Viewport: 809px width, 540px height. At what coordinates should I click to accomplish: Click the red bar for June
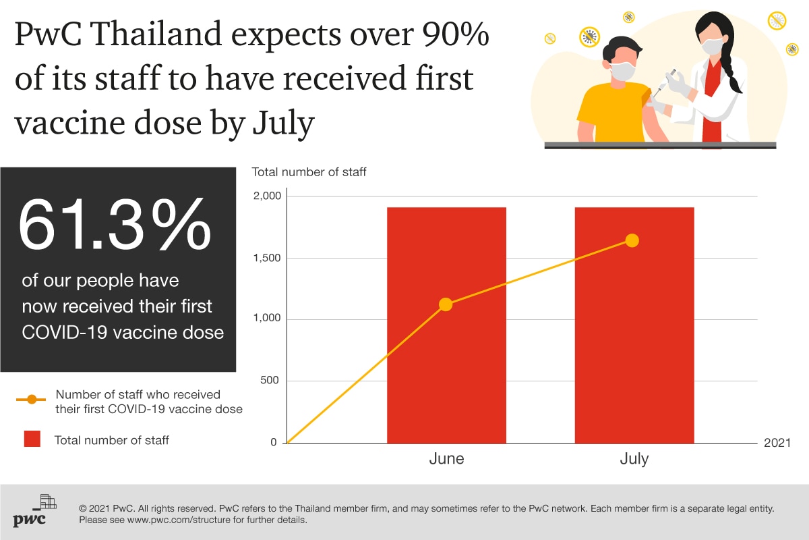[446, 325]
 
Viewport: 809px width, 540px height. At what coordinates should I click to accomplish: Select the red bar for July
[634, 325]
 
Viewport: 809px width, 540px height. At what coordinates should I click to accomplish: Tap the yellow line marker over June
[446, 304]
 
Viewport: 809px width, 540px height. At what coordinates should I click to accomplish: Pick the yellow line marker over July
[632, 240]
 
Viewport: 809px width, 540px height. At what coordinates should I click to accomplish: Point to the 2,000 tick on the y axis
[267, 196]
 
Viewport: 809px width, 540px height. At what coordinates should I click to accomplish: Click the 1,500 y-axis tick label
[267, 258]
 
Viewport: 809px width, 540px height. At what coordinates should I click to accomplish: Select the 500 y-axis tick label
[270, 380]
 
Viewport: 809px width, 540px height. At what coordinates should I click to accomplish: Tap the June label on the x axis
[446, 458]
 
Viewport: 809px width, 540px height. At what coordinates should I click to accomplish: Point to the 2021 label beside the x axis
[777, 443]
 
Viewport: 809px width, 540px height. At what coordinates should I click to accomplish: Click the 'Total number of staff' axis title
[309, 172]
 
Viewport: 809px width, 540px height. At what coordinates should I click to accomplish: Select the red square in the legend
[32, 439]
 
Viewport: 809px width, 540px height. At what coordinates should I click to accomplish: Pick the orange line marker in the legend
[32, 400]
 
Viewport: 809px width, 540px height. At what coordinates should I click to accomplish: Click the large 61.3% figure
[115, 225]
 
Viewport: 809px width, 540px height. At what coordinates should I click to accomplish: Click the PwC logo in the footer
[34, 510]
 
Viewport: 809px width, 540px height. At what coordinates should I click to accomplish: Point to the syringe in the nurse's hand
[664, 83]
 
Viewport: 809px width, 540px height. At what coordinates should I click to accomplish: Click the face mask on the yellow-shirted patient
[623, 72]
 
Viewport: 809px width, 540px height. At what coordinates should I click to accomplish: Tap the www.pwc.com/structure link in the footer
[179, 520]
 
